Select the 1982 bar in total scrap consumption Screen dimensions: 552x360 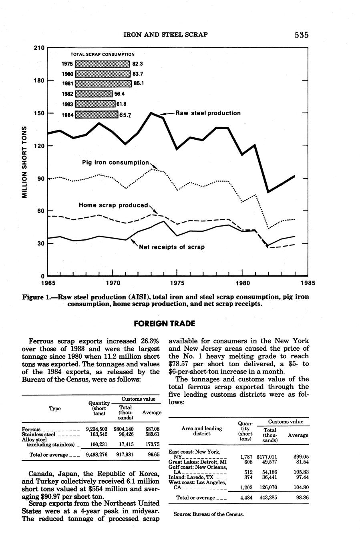tap(94, 94)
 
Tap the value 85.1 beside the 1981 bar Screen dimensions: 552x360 tap(139, 84)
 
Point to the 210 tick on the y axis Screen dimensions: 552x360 tap(38, 48)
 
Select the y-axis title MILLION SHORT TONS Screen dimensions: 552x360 tap(24, 162)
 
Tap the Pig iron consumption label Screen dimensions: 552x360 tap(115, 163)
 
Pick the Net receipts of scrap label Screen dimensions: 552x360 tap(172, 247)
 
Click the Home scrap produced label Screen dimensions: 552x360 tap(113, 205)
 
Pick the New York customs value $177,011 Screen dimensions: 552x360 tap(267, 456)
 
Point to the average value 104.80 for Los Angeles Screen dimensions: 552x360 tap(298, 487)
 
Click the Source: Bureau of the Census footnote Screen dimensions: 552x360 tap(209, 514)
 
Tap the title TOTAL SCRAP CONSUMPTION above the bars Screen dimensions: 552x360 tap(103, 54)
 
